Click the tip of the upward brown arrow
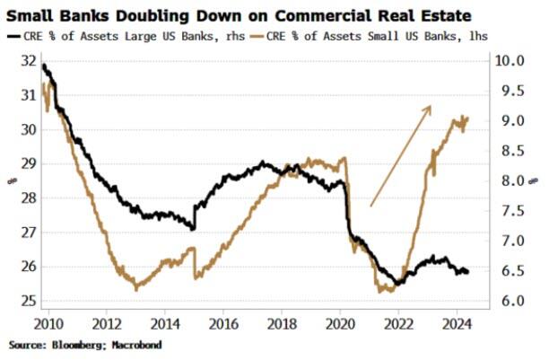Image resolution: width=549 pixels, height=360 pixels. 431,106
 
